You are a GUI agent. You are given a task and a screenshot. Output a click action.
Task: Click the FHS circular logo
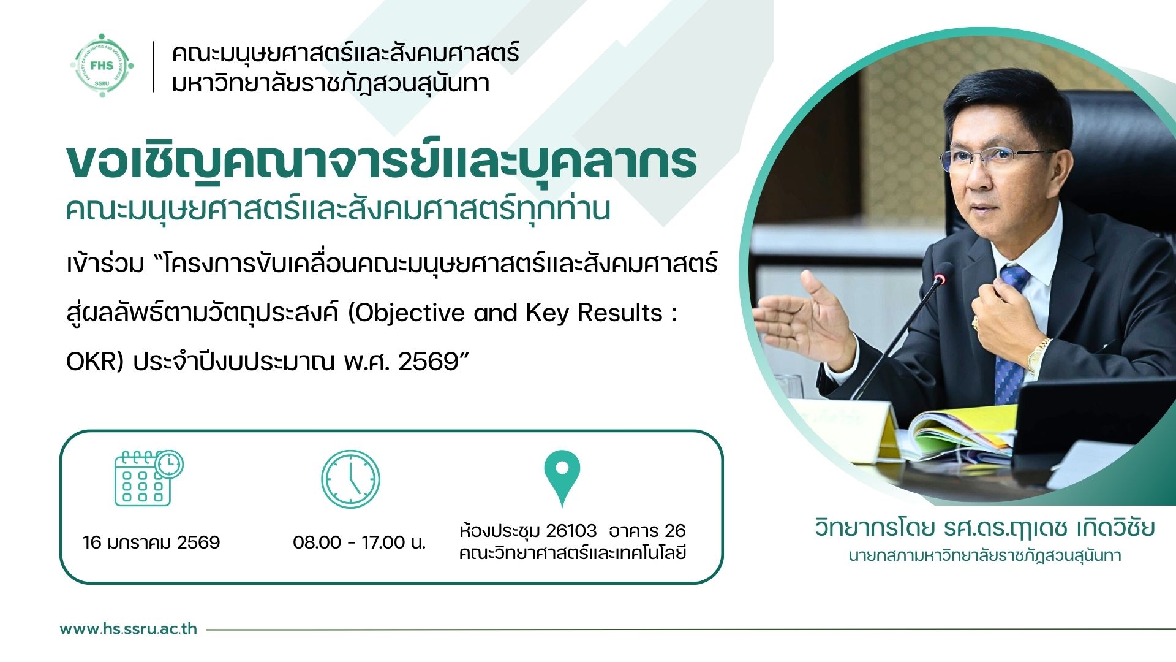pos(102,66)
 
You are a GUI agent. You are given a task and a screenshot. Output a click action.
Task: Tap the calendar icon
pos(149,478)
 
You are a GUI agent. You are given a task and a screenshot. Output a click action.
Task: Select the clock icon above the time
pos(350,479)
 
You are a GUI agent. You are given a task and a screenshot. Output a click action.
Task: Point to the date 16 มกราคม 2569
pos(151,542)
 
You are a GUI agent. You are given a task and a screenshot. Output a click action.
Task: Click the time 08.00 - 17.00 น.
pos(359,542)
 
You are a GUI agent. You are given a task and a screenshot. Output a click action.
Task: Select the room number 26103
pos(571,530)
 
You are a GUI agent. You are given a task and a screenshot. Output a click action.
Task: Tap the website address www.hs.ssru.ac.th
pos(129,629)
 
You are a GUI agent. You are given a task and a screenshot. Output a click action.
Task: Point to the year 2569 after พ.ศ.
pos(428,362)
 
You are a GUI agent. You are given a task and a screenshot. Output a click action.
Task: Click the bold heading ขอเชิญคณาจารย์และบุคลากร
pos(382,162)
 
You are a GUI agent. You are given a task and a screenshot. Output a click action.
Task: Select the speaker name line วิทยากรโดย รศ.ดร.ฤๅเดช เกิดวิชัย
pos(984,528)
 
